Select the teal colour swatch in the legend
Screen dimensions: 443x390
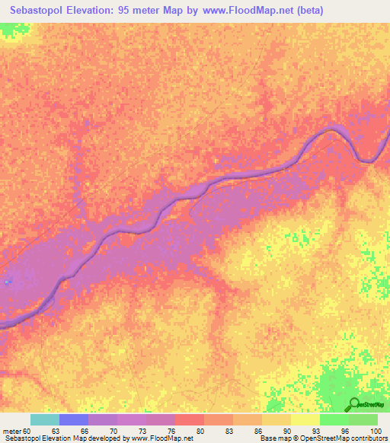click(45, 419)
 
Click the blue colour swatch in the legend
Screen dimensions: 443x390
click(74, 419)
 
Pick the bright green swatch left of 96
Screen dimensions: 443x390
click(334, 419)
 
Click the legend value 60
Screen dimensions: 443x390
click(28, 431)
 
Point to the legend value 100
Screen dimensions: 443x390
click(373, 431)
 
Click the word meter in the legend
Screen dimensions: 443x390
click(11, 431)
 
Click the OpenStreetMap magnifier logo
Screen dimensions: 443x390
click(353, 404)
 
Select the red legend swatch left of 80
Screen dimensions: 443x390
click(190, 419)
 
